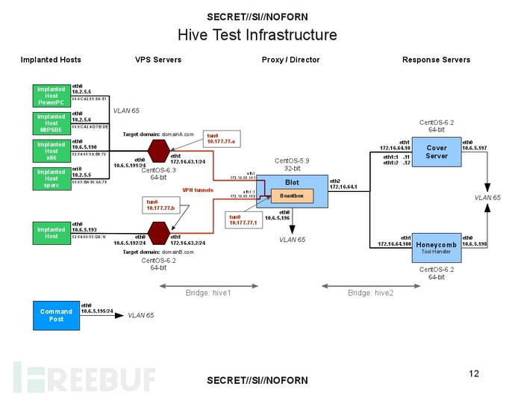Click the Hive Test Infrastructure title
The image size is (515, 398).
(x=257, y=35)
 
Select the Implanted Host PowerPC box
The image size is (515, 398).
(x=51, y=96)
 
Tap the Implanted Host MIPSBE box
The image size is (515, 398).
(x=51, y=123)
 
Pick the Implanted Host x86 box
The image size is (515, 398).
(x=51, y=151)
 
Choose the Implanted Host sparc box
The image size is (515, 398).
(x=51, y=178)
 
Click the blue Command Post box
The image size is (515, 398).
(x=56, y=314)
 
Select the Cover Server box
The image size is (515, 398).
(x=436, y=152)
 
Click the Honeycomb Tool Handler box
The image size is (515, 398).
(x=436, y=246)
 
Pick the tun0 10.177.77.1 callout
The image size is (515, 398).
(x=243, y=219)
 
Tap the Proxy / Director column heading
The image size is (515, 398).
(x=290, y=60)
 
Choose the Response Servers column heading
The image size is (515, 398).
(x=436, y=60)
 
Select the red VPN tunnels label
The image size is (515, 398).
(x=198, y=190)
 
